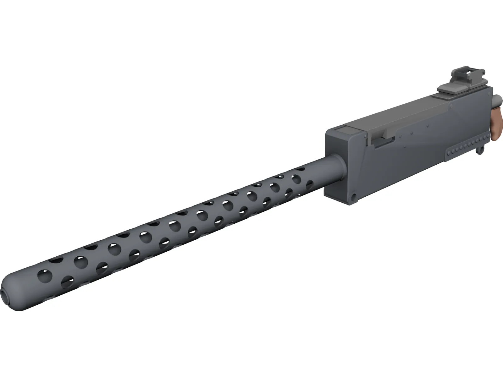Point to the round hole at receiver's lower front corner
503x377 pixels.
354,197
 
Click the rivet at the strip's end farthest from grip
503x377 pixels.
449,152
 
